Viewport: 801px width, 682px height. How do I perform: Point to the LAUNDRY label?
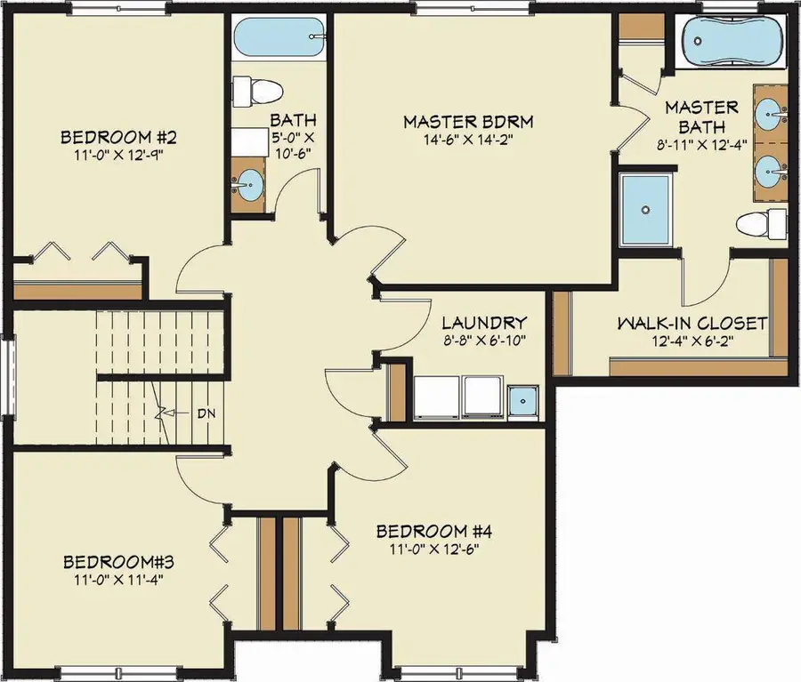pos(484,323)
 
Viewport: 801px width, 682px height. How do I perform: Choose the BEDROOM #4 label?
pos(434,532)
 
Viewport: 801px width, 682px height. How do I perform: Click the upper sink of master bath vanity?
pos(770,112)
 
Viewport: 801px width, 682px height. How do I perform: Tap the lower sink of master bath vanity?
pos(770,168)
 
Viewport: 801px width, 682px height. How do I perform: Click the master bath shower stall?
pos(647,210)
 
